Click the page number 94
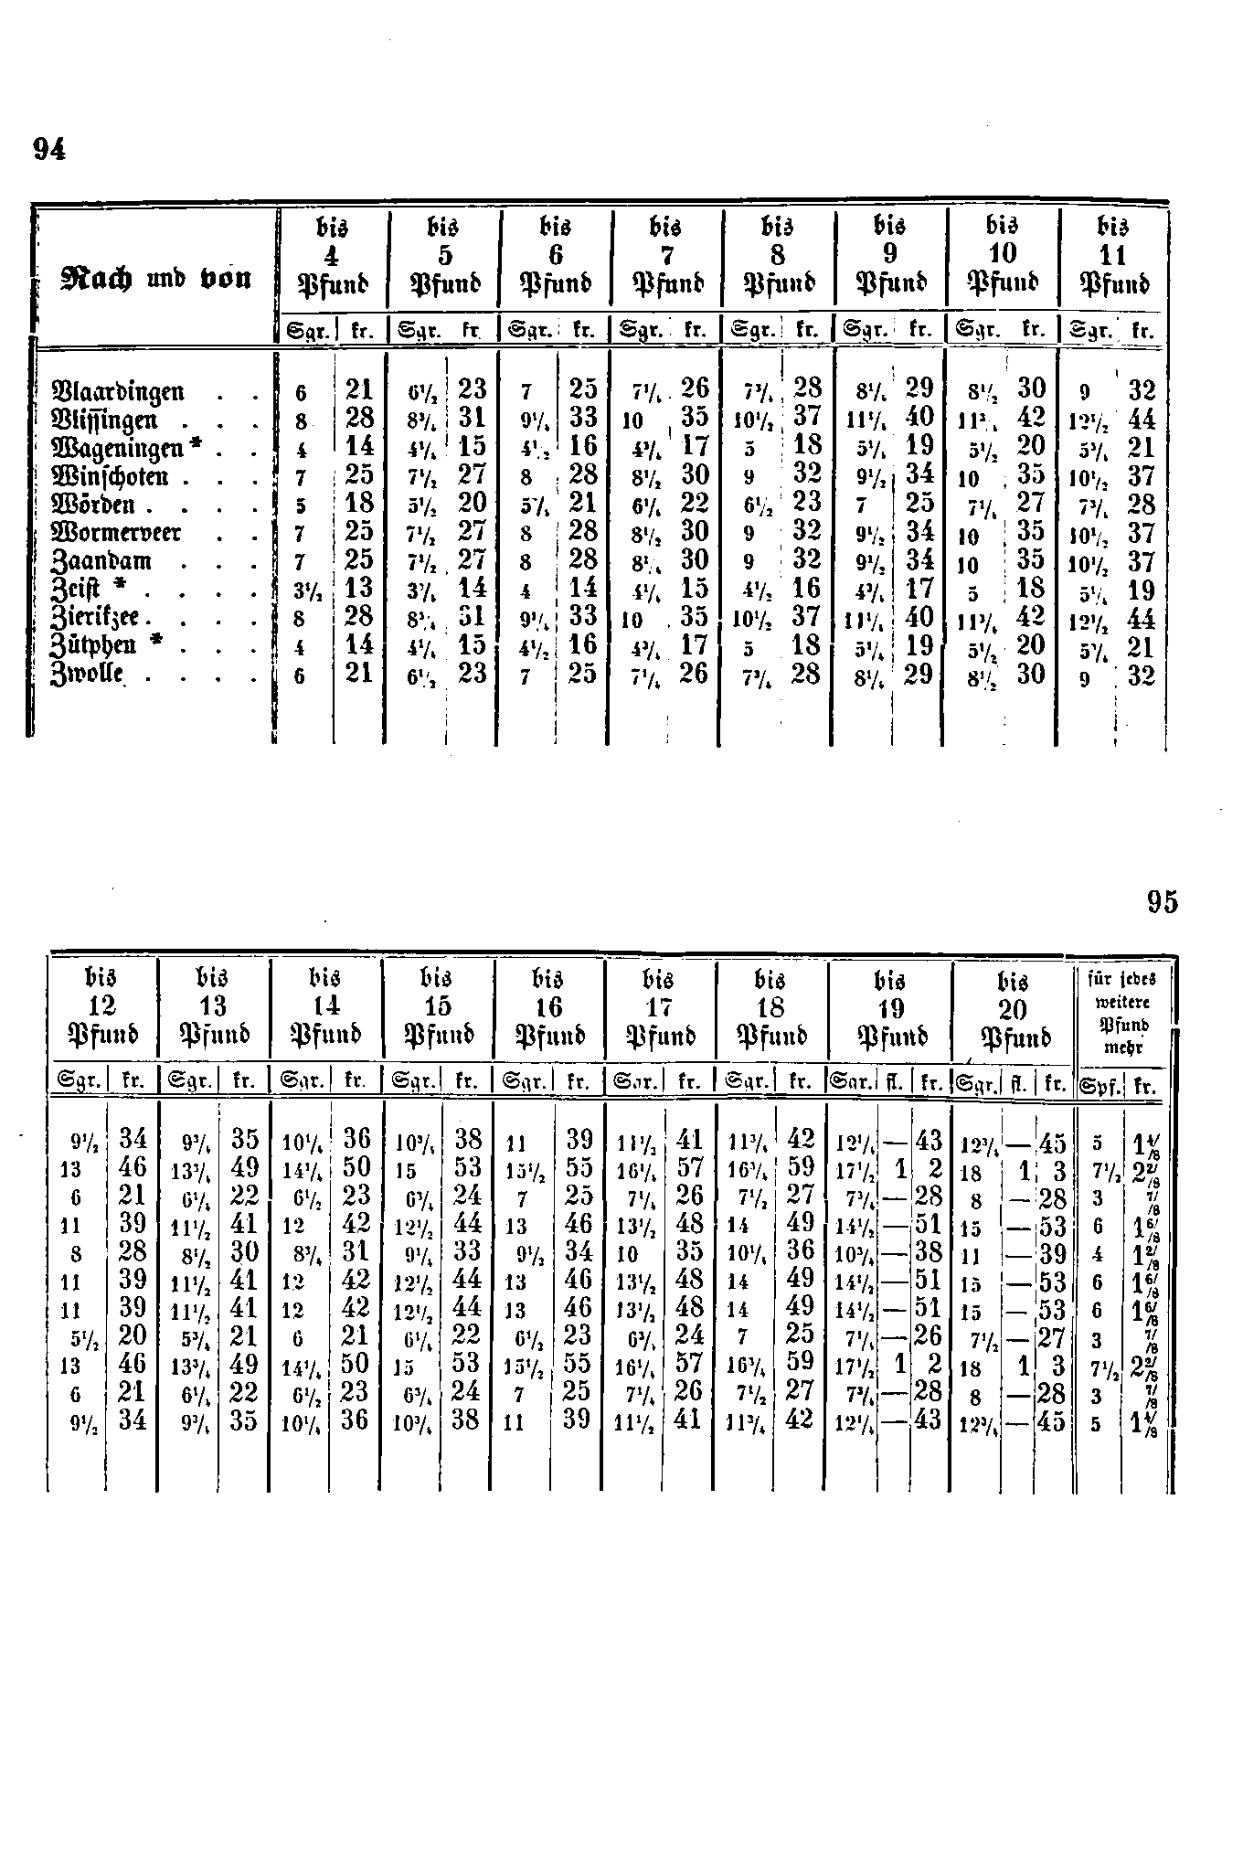tap(49, 149)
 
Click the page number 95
tap(1163, 902)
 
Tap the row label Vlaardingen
tap(121, 391)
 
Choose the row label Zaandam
tap(103, 561)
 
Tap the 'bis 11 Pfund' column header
tap(1113, 254)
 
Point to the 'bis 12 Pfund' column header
tap(102, 1007)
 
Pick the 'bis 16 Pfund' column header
tap(549, 1007)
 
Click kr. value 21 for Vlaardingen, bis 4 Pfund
tap(359, 390)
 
